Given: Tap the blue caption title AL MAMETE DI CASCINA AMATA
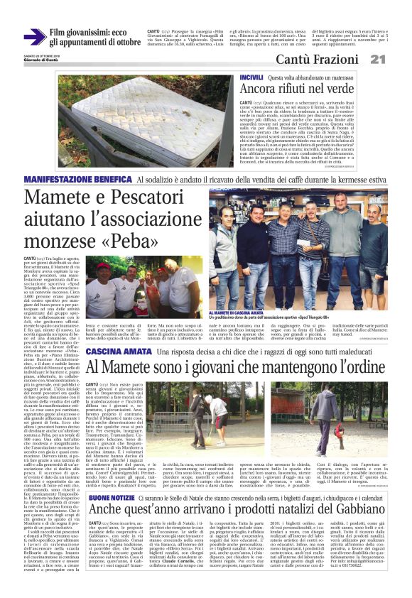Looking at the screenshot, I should pyautogui.click(x=246, y=311).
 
